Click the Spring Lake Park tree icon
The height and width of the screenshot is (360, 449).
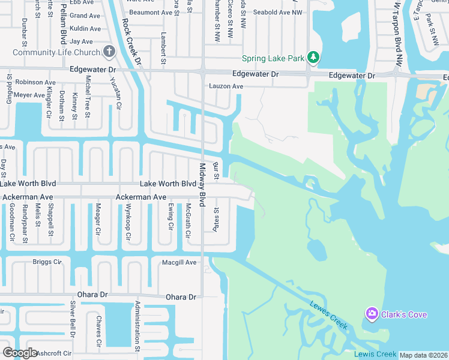[x=313, y=58]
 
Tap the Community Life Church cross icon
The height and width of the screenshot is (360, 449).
[x=109, y=52]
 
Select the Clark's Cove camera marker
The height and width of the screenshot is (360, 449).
[x=372, y=314]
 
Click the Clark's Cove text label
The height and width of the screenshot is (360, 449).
[x=405, y=314]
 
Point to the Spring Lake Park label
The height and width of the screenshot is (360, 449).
[x=273, y=58]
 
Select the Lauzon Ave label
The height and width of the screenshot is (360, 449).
[x=226, y=86]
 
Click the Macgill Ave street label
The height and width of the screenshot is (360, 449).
[x=179, y=262]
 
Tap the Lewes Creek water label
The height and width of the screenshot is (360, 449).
[x=328, y=314]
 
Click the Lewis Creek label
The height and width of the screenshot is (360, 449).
[x=375, y=354]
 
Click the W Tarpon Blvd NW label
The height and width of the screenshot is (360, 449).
[x=397, y=33]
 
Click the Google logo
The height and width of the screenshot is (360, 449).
[x=20, y=353]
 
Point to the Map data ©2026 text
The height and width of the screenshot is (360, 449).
[x=423, y=355]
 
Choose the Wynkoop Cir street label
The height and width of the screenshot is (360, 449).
[x=128, y=222]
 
